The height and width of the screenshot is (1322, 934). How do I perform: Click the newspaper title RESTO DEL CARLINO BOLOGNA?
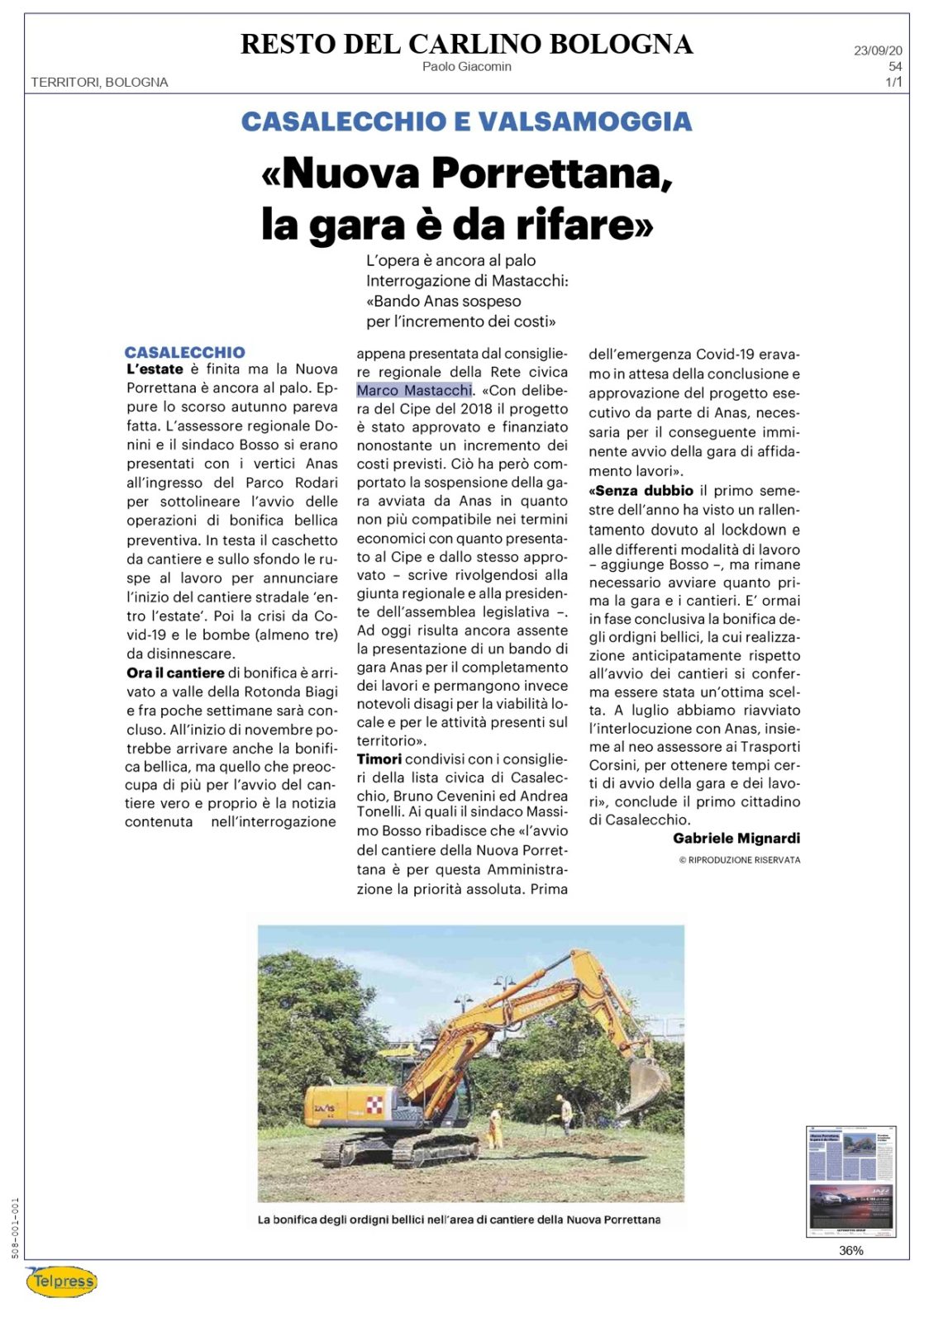click(466, 44)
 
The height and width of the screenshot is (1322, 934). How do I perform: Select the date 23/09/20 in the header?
click(878, 50)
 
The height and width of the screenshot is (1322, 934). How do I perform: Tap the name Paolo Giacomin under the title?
click(466, 66)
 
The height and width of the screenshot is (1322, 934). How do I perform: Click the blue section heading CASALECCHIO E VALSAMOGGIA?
click(466, 121)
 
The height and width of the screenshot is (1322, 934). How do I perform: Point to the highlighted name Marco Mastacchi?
click(414, 390)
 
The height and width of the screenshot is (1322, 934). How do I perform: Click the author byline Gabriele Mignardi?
click(736, 838)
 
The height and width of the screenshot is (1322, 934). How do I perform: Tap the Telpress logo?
click(62, 1282)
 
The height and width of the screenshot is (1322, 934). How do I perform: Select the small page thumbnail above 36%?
click(851, 1181)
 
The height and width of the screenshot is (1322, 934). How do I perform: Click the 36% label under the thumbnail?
click(851, 1250)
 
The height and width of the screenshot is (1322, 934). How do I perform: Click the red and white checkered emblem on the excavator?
click(374, 1104)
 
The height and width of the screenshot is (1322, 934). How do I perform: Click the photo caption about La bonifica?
click(459, 1219)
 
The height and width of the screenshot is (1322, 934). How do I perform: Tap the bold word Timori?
click(379, 758)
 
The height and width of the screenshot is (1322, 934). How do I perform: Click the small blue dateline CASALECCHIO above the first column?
click(184, 352)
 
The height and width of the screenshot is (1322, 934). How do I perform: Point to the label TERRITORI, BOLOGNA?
click(99, 82)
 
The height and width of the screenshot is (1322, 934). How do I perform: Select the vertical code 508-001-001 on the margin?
click(15, 1228)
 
